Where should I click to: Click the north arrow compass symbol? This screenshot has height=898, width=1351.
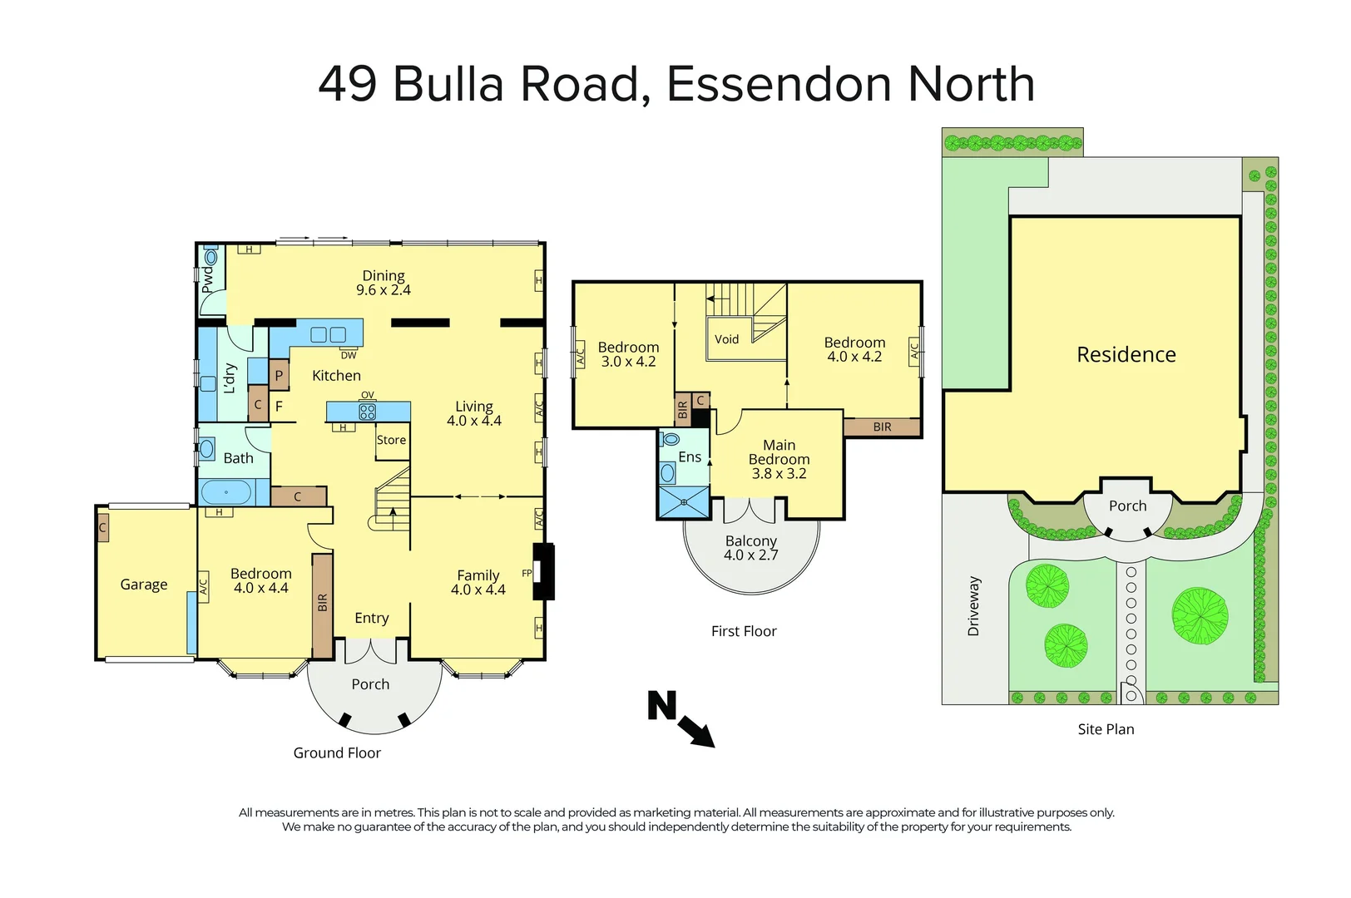[x=681, y=718]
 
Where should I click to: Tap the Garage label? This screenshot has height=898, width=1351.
[x=144, y=584]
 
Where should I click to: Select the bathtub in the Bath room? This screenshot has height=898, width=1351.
[x=225, y=492]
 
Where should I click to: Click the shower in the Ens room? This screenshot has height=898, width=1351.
[x=684, y=502]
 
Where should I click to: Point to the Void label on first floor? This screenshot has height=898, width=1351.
[x=726, y=339]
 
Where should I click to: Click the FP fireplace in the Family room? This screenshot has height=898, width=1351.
[x=543, y=572]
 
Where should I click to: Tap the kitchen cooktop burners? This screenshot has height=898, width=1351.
[x=368, y=412]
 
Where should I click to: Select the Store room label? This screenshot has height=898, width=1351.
[x=392, y=440]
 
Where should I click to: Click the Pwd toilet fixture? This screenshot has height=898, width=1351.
[x=210, y=256]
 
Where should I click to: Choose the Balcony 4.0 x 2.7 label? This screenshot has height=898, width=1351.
[x=751, y=548]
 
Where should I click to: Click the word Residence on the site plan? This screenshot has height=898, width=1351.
[x=1126, y=354]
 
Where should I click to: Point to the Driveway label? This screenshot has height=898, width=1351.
[x=973, y=605]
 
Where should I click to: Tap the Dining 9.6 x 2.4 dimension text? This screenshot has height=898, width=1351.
[x=383, y=290]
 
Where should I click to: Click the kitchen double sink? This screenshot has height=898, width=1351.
[x=329, y=335]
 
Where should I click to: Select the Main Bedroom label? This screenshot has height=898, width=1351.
[x=779, y=452]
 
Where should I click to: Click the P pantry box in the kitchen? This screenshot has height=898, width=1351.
[x=279, y=376]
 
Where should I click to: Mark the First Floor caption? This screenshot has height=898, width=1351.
[x=744, y=631]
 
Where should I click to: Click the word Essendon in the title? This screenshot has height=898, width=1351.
[x=779, y=84]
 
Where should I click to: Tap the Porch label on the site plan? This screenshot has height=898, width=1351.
[x=1127, y=506]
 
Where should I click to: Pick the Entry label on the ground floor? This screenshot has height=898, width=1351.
[x=372, y=619]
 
